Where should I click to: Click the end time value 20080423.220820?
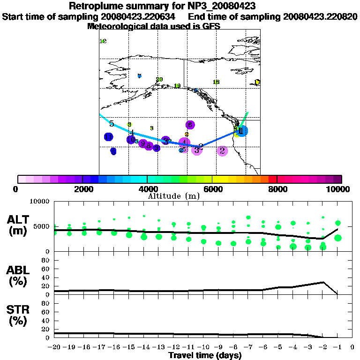click(x=320, y=17)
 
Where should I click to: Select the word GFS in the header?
click(x=211, y=27)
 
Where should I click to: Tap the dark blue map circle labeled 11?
click(x=109, y=137)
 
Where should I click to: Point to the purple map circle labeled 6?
click(x=190, y=125)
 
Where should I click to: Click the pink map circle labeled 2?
click(x=223, y=150)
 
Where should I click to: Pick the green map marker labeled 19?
click(x=177, y=86)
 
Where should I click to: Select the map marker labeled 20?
click(x=159, y=80)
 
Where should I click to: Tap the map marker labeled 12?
click(x=103, y=41)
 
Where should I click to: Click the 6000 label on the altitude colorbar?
click(x=212, y=189)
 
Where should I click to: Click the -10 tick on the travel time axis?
click(x=203, y=347)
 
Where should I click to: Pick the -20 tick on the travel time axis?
click(x=54, y=347)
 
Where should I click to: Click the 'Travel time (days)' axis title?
click(x=205, y=356)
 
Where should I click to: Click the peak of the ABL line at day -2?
click(x=322, y=282)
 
